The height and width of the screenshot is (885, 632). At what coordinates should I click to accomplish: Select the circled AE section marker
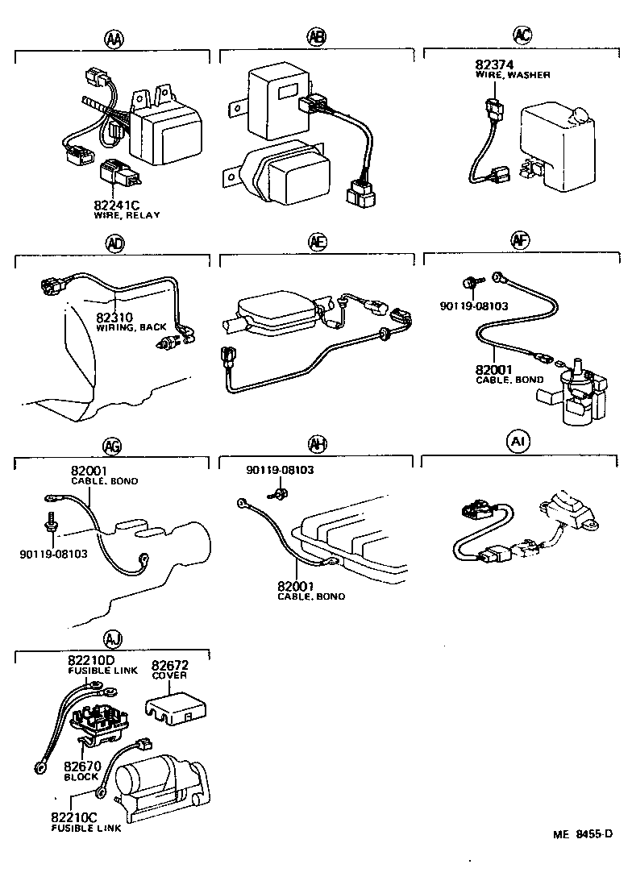tap(318, 241)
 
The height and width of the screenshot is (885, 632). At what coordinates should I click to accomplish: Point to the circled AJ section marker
tap(114, 641)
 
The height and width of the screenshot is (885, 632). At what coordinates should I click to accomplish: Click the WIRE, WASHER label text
tap(512, 75)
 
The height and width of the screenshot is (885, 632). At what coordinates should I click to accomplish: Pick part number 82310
tap(113, 318)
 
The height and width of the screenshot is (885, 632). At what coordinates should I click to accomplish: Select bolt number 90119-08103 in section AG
tap(53, 554)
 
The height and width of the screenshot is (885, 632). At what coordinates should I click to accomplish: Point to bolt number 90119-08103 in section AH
tap(280, 470)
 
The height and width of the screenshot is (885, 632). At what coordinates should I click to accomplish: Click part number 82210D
tap(91, 660)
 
